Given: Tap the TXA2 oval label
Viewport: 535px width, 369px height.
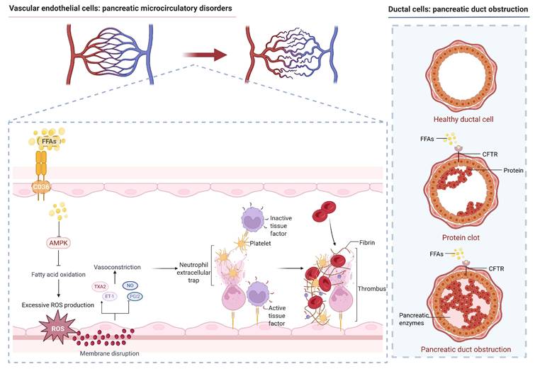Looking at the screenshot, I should coord(100,286).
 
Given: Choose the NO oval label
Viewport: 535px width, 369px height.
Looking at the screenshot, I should coord(131,285).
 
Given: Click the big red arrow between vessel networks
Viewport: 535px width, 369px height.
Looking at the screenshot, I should coord(203,54).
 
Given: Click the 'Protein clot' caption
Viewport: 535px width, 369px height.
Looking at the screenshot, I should coord(461,238).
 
